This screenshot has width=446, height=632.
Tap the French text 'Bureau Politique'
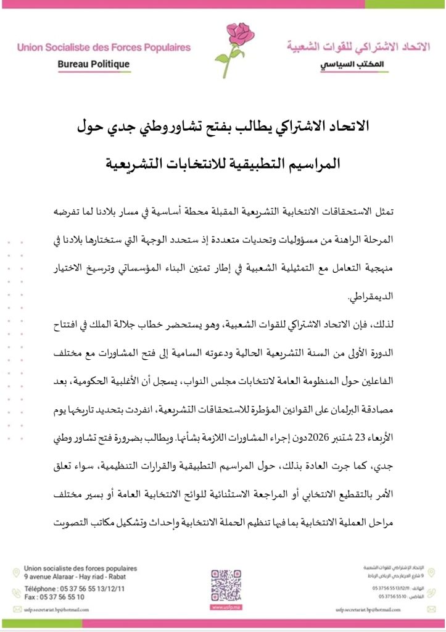point(93,64)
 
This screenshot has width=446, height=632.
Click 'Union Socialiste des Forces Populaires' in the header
point(104,47)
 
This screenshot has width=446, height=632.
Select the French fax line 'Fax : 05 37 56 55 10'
point(54,597)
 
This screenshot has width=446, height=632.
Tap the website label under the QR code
point(226,607)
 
